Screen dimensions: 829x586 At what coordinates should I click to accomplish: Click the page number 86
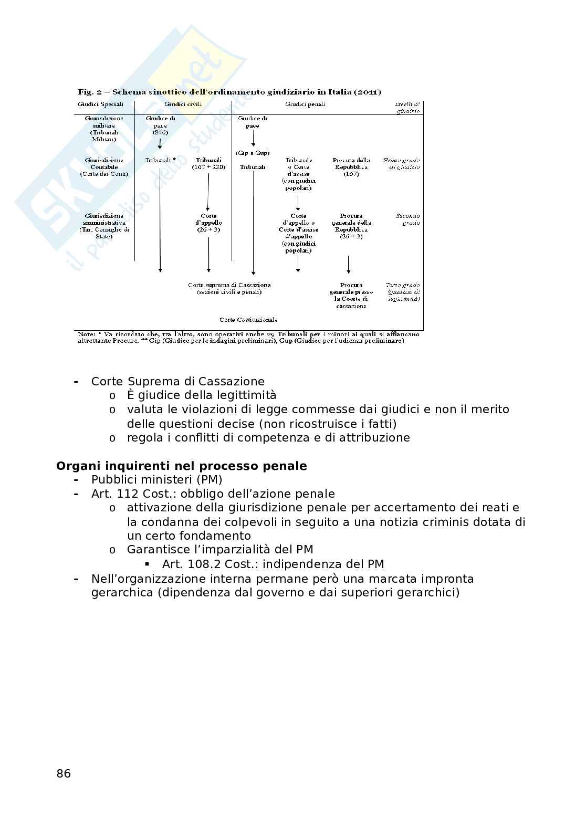tap(64, 773)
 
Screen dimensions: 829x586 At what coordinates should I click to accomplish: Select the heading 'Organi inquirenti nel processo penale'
tap(182, 466)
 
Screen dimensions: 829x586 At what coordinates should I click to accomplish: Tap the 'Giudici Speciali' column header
tap(100, 104)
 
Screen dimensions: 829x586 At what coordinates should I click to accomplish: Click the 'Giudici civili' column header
tap(183, 104)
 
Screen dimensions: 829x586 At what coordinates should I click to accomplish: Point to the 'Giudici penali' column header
tap(305, 104)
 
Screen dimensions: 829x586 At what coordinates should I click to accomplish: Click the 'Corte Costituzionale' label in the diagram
tap(248, 320)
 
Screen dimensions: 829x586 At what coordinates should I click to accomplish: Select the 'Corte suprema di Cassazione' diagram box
tap(229, 288)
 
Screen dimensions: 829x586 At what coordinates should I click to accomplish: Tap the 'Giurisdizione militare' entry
tap(104, 129)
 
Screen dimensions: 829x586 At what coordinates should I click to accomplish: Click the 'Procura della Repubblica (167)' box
tap(351, 167)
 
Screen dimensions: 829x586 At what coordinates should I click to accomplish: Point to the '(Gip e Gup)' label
tap(253, 153)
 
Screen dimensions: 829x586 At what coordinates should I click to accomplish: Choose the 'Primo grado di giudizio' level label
tap(402, 163)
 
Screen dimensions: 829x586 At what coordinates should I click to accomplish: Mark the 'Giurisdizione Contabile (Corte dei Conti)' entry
tap(104, 167)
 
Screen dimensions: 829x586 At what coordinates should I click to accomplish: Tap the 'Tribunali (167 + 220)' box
tap(208, 163)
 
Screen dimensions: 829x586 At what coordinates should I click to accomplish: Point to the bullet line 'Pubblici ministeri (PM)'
tap(156, 480)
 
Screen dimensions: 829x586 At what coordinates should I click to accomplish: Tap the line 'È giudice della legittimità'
tap(202, 395)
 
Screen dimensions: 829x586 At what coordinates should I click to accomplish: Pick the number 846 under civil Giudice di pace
tap(160, 133)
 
